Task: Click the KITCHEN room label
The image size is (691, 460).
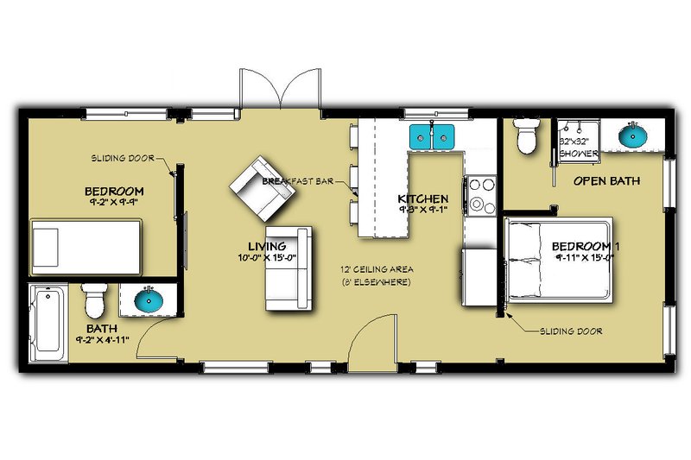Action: pyautogui.click(x=422, y=198)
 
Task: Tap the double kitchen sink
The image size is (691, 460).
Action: pyautogui.click(x=432, y=135)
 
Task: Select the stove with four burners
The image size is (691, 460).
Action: pyautogui.click(x=479, y=194)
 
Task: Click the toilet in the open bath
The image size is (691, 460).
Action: pyautogui.click(x=525, y=135)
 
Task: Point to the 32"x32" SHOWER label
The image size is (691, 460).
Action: pyautogui.click(x=578, y=146)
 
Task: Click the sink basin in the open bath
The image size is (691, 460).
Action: pyautogui.click(x=632, y=135)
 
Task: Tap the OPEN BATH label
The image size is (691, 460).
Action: pyautogui.click(x=607, y=181)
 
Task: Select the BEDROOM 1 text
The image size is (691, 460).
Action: pyautogui.click(x=586, y=247)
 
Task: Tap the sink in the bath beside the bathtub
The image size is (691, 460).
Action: pyautogui.click(x=149, y=301)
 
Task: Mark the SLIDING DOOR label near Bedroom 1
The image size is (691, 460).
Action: pyautogui.click(x=571, y=331)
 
